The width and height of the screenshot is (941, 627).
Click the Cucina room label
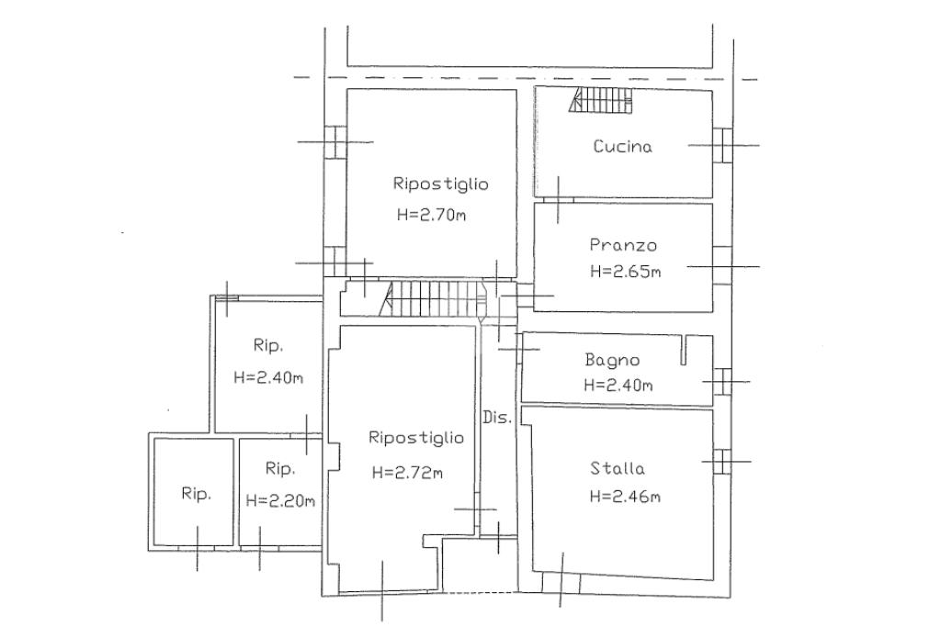(622, 146)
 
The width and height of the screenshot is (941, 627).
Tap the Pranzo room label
(623, 244)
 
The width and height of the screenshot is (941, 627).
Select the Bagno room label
(612, 360)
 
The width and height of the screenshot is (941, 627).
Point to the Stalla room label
(617, 467)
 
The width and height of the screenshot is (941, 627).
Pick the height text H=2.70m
(431, 215)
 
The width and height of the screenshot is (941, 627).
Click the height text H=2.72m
(407, 473)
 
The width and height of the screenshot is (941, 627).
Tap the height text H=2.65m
(625, 271)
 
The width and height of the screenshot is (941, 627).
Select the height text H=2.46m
(625, 496)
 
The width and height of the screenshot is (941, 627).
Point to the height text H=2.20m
(280, 500)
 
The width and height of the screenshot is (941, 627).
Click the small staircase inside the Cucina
(601, 100)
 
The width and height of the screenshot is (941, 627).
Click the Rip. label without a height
(197, 494)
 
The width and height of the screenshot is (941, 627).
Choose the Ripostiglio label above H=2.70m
(440, 184)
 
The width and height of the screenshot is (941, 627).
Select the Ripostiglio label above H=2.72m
(416, 438)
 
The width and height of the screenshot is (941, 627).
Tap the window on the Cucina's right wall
(722, 145)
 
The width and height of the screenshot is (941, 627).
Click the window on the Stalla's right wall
(722, 462)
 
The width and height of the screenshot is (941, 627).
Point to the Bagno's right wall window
(722, 381)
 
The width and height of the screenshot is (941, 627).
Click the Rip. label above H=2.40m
(267, 345)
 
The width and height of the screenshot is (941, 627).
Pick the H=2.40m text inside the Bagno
(618, 385)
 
